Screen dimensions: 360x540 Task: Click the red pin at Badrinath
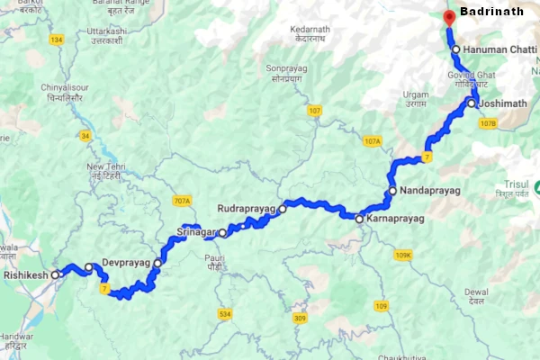coord(449,16)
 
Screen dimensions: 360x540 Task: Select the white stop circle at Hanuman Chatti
coord(456,49)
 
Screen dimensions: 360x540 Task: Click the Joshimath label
coord(503,103)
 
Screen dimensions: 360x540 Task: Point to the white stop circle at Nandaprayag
coord(392,191)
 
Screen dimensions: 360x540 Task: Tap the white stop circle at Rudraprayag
coord(282,209)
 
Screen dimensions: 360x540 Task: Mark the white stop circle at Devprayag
coord(157,263)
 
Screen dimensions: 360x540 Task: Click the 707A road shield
coord(182,200)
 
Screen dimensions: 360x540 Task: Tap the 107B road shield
coord(488,123)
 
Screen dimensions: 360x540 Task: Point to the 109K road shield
coord(402,256)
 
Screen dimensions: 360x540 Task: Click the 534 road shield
coord(224,313)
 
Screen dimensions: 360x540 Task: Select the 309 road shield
coord(300,319)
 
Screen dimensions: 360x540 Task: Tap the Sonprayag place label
coord(287,73)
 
